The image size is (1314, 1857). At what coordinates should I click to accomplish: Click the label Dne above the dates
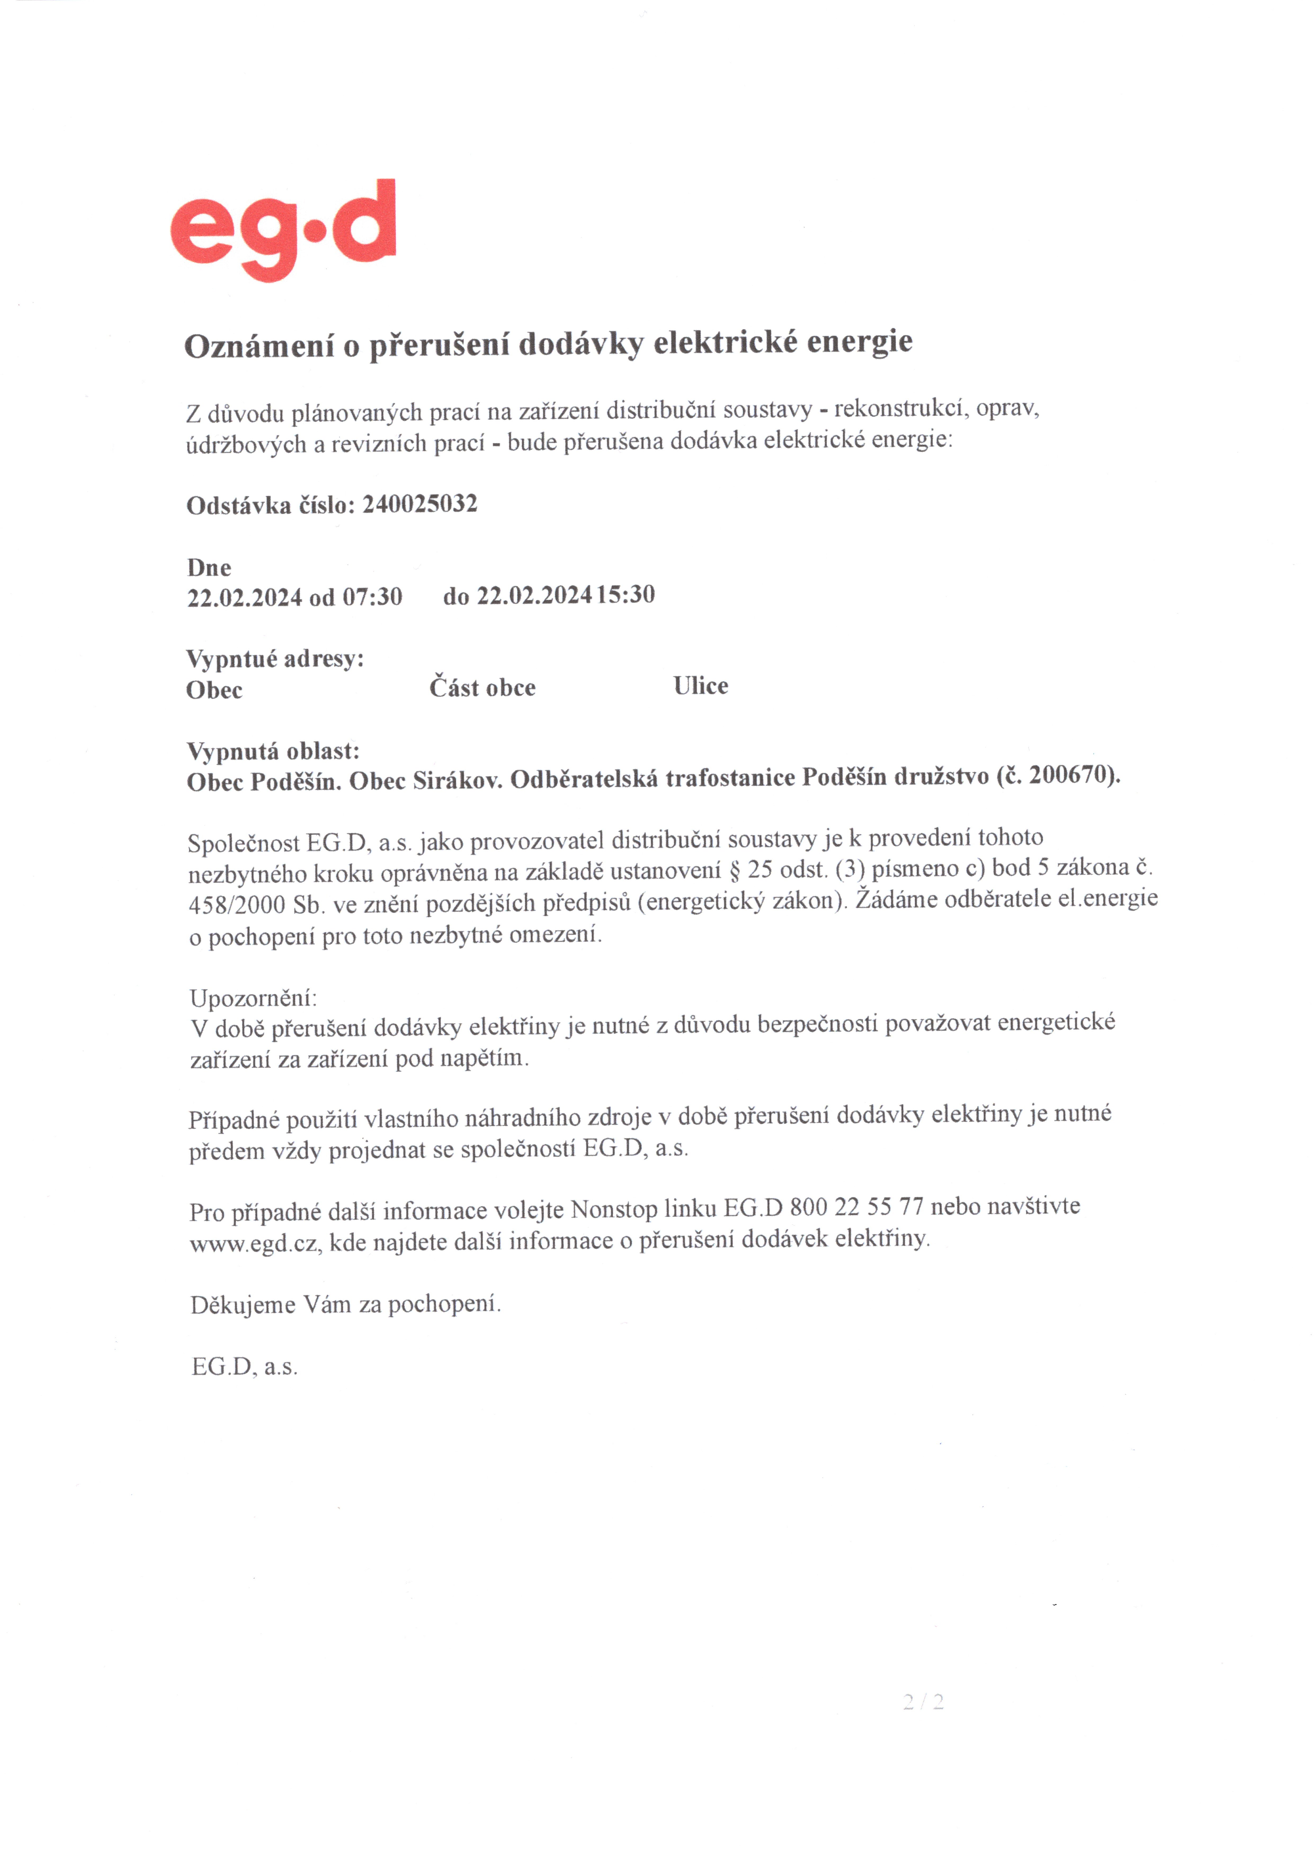click(x=209, y=567)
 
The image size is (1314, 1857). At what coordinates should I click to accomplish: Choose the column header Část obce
click(x=482, y=688)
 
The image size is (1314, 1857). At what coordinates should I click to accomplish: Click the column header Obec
click(x=214, y=690)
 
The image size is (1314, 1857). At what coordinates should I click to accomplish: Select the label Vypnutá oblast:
click(x=273, y=751)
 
